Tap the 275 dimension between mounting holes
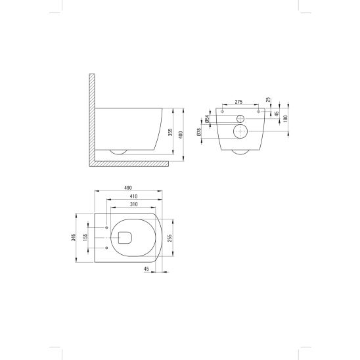[x=239, y=102]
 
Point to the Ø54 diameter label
[x=207, y=118]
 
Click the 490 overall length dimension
[x=133, y=189]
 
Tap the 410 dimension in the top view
[x=133, y=196]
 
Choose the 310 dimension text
[x=133, y=204]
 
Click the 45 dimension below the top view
[x=146, y=269]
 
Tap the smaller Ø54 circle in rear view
[x=240, y=119]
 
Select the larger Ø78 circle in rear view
[x=240, y=132]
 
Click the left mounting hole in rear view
[x=224, y=113]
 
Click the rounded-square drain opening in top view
[x=125, y=238]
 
